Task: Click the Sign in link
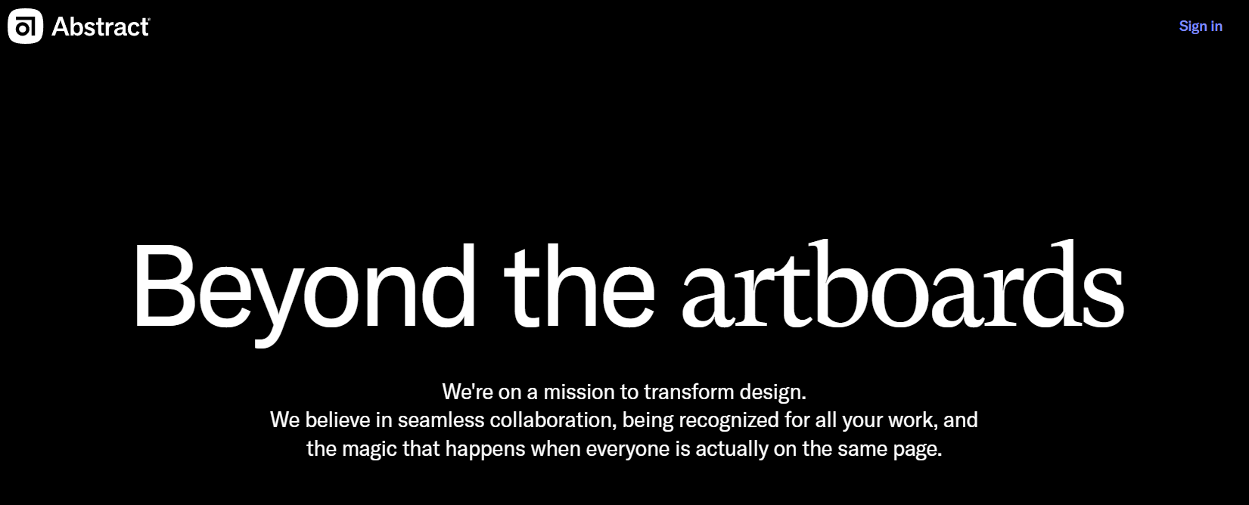1201,26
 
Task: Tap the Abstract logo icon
25,26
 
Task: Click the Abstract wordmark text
101,26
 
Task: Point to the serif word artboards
903,284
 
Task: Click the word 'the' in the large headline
579,286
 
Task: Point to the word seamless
440,420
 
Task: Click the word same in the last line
862,449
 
